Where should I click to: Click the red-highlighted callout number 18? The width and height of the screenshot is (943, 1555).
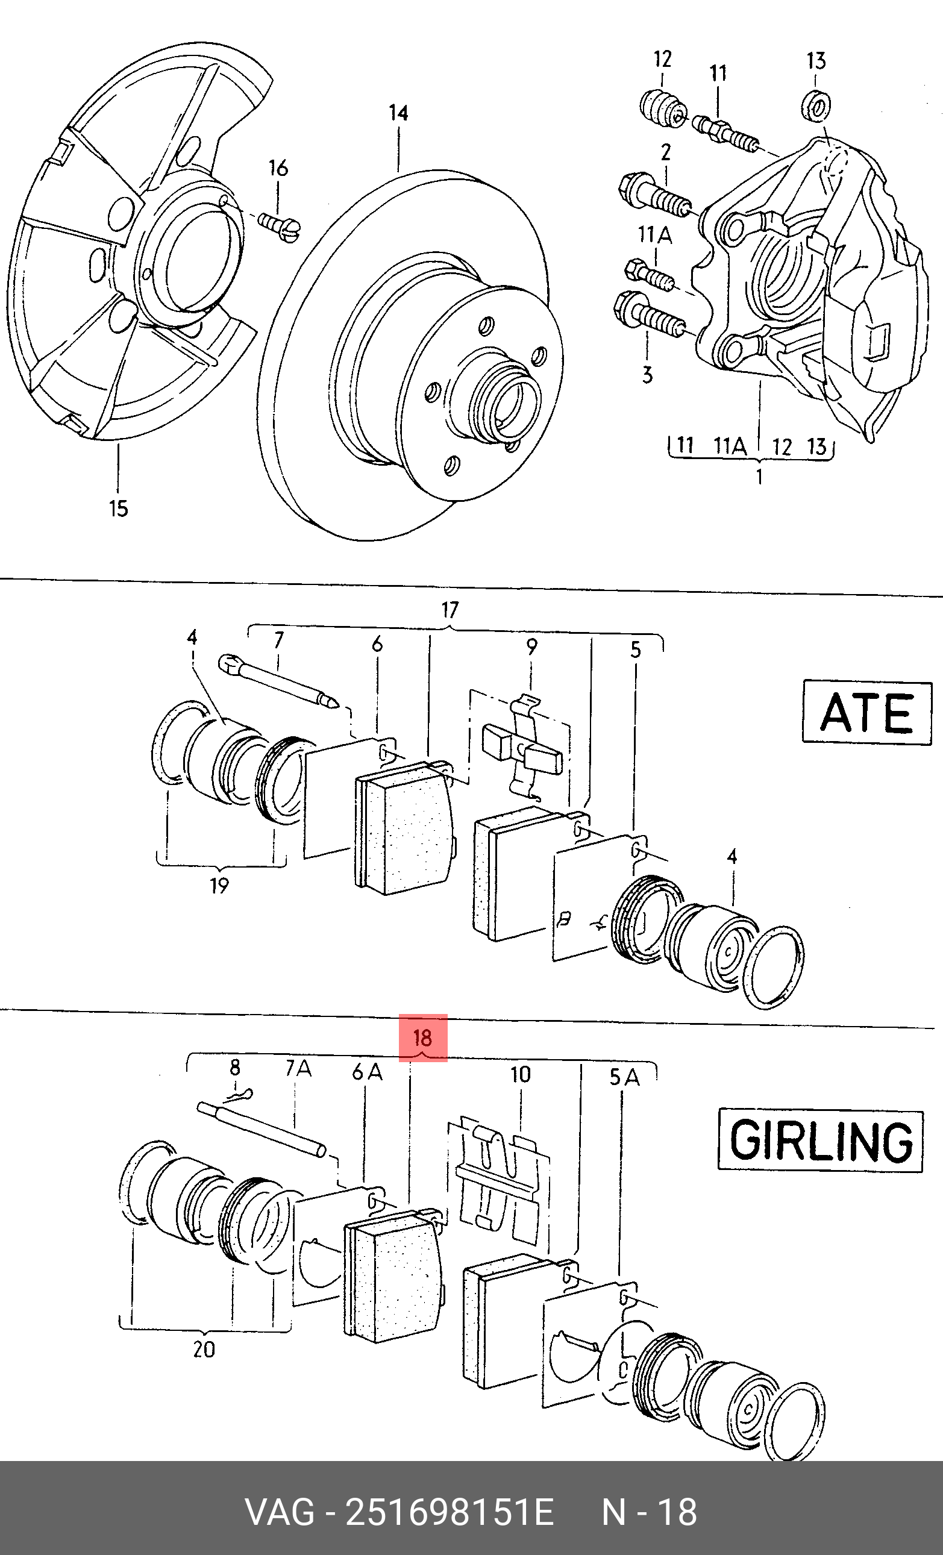click(x=422, y=1037)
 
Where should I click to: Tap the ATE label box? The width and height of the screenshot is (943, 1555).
click(x=866, y=713)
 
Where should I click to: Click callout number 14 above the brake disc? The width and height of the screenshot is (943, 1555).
click(x=398, y=114)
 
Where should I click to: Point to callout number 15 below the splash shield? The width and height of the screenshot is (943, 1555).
click(x=119, y=508)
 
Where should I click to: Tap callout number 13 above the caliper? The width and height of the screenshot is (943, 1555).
click(x=816, y=61)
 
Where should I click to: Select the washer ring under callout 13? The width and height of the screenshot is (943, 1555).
click(x=816, y=105)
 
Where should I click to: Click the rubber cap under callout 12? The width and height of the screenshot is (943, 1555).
click(x=662, y=108)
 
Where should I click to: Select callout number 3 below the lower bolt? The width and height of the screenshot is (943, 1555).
click(x=647, y=375)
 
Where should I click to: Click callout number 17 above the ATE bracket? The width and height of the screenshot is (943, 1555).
click(x=450, y=610)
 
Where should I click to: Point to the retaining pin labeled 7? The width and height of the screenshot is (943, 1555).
click(x=278, y=681)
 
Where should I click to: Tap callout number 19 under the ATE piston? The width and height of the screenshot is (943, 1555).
click(x=219, y=886)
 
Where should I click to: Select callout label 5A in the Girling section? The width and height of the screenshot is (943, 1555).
click(x=624, y=1077)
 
